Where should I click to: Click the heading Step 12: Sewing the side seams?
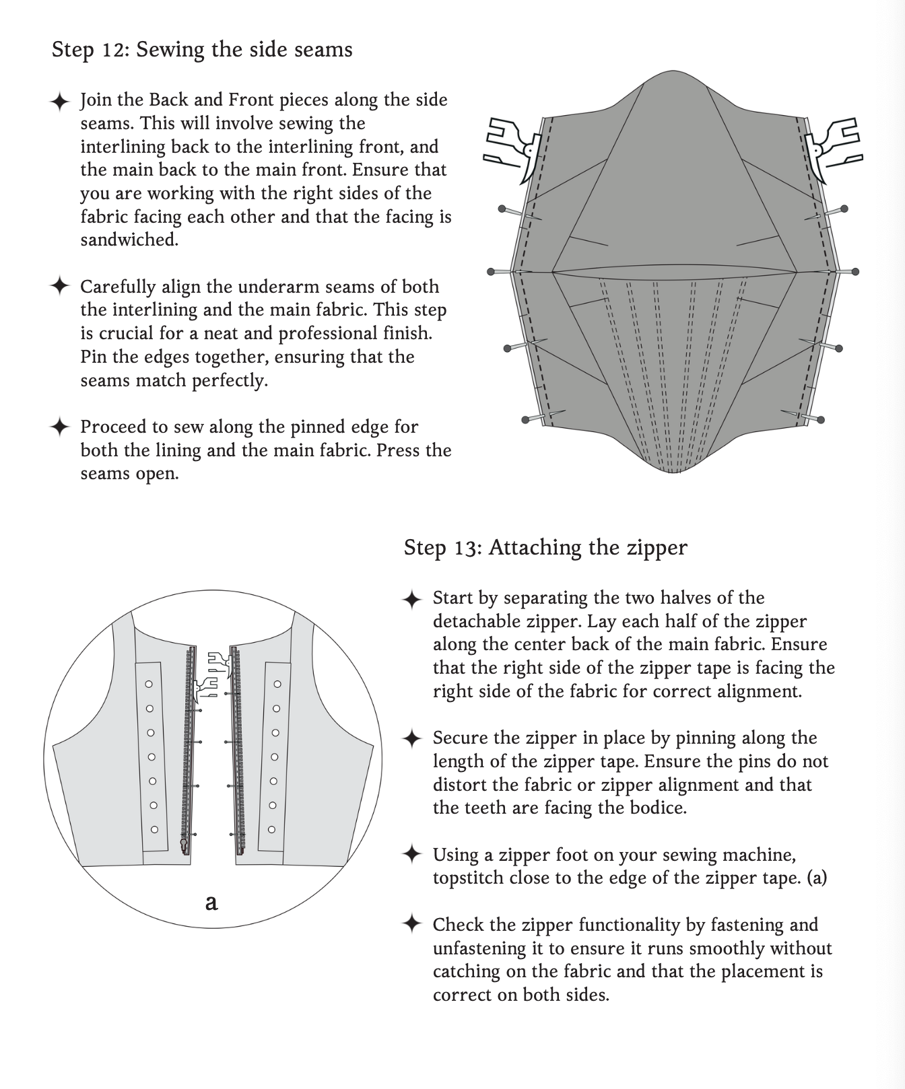tap(202, 50)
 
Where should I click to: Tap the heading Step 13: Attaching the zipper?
tap(545, 547)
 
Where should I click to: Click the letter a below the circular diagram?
tap(211, 902)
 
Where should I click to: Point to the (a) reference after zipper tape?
tap(816, 878)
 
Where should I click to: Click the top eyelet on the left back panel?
tap(149, 684)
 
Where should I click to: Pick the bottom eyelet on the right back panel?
tap(272, 829)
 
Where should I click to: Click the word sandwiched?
tap(129, 240)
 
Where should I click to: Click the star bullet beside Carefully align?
tap(60, 286)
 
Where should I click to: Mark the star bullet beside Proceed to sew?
tap(60, 427)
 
